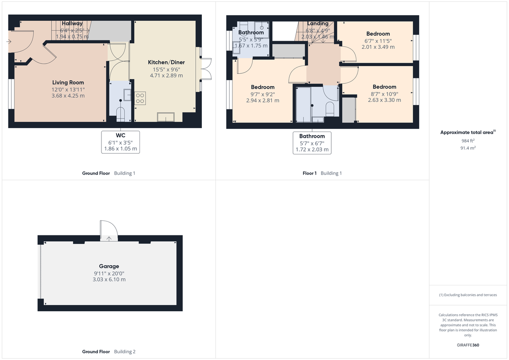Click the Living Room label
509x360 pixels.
(x=68, y=83)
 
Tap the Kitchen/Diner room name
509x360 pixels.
(x=166, y=62)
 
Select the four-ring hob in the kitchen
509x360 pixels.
(x=140, y=98)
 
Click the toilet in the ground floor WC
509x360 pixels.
(x=120, y=114)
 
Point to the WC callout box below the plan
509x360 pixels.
(x=120, y=142)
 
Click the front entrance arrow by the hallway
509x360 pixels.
(x=9, y=42)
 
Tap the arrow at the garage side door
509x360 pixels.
(x=109, y=238)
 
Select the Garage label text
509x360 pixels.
(x=109, y=266)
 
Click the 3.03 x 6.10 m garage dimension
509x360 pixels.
(x=109, y=279)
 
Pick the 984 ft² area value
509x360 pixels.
(x=468, y=140)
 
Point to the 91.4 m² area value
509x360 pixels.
(x=468, y=148)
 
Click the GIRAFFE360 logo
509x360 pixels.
(x=468, y=345)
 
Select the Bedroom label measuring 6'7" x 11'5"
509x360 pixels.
(x=378, y=34)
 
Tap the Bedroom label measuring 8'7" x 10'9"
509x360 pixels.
(x=384, y=87)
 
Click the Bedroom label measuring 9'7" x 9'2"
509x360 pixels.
(x=263, y=87)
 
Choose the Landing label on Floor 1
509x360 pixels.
(x=318, y=24)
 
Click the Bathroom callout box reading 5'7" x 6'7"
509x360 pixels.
(x=312, y=143)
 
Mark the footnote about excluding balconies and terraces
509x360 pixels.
(x=468, y=295)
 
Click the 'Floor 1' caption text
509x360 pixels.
(x=309, y=173)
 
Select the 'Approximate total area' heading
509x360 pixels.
(x=467, y=133)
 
